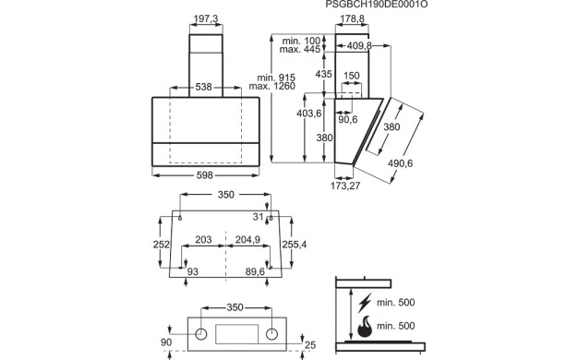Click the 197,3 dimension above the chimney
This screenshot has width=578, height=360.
tap(206, 18)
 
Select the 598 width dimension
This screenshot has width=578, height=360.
tap(205, 175)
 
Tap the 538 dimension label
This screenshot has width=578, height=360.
tap(203, 87)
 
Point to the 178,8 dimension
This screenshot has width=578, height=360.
tap(352, 18)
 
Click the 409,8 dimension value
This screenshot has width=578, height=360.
tap(359, 45)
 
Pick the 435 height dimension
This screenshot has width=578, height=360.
tap(324, 74)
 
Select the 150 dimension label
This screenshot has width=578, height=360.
tap(351, 76)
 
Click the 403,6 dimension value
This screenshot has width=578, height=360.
tap(309, 114)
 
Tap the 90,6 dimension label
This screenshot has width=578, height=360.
tap(348, 119)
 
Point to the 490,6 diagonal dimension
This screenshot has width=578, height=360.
tap(401, 163)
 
